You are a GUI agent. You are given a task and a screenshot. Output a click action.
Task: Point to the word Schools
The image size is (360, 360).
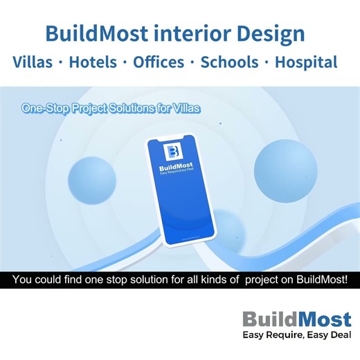228,62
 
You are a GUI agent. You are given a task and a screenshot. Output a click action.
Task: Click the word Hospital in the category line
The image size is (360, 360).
306,62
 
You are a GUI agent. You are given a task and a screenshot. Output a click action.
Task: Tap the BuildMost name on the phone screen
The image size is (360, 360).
180,168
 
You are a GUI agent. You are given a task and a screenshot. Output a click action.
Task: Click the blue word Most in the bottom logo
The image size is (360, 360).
323,320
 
